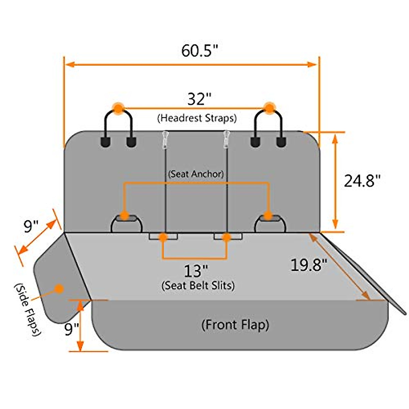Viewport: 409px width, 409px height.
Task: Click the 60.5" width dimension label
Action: (x=199, y=51)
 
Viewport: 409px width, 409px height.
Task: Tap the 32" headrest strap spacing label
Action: (x=199, y=99)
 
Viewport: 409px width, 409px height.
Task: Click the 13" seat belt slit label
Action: (x=195, y=271)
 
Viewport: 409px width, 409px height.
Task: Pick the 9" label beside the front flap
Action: (x=72, y=329)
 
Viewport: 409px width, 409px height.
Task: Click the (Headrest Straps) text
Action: (x=197, y=118)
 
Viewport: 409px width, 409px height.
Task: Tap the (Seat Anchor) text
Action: (x=196, y=174)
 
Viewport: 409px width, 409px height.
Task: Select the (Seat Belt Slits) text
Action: (x=198, y=286)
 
